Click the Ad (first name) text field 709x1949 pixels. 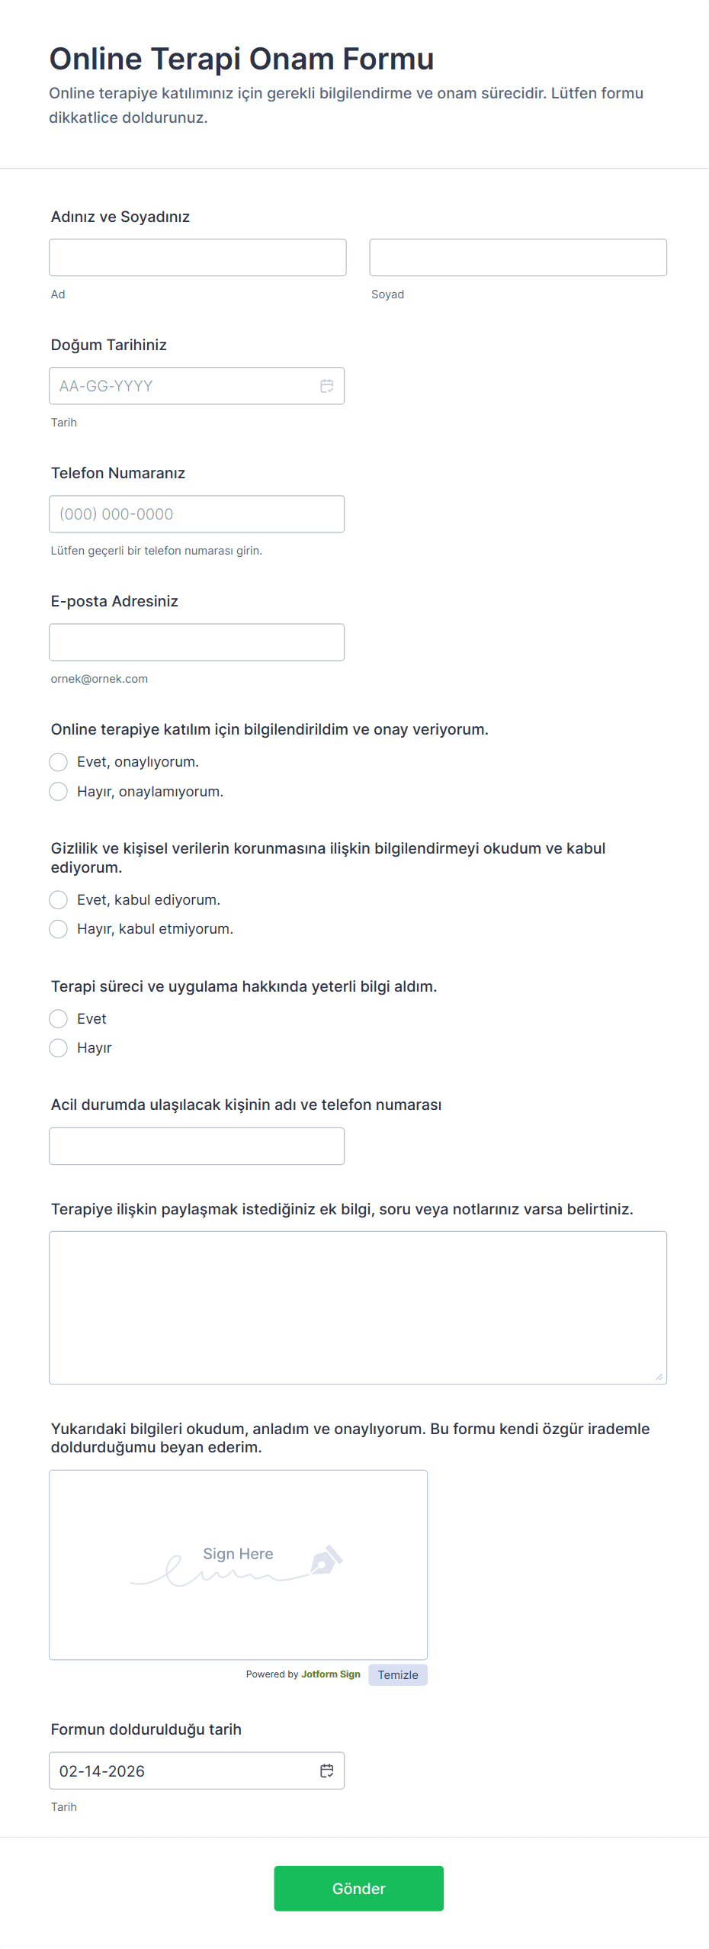pyautogui.click(x=197, y=257)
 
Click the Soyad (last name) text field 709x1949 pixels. pyautogui.click(x=518, y=257)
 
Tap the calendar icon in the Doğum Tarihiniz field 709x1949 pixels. pyautogui.click(x=327, y=386)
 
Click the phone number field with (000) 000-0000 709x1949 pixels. pyautogui.click(x=197, y=514)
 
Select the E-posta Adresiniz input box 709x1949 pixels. pyautogui.click(x=197, y=642)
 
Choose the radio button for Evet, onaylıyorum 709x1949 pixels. pyautogui.click(x=59, y=762)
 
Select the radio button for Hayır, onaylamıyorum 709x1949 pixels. pyautogui.click(x=59, y=791)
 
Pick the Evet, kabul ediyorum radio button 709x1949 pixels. pyautogui.click(x=59, y=900)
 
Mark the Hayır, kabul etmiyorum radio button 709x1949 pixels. pyautogui.click(x=59, y=929)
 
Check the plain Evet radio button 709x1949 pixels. pyautogui.click(x=59, y=1019)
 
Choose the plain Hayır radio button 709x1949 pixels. pyautogui.click(x=59, y=1048)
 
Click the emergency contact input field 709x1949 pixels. pyautogui.click(x=197, y=1146)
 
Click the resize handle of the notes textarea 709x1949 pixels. pyautogui.click(x=659, y=1376)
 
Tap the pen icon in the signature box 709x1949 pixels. pyautogui.click(x=326, y=1560)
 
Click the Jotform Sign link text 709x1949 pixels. pyautogui.click(x=331, y=1674)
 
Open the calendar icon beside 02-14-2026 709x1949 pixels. pyautogui.click(x=327, y=1771)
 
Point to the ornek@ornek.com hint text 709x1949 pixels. pyautogui.click(x=99, y=679)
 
